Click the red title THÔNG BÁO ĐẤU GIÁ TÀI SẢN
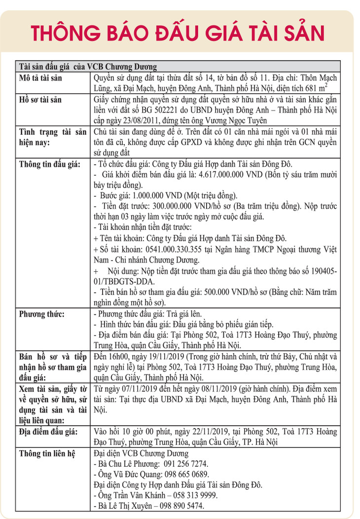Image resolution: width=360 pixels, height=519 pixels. pos(180,32)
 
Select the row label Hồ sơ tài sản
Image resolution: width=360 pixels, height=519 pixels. pos(40,99)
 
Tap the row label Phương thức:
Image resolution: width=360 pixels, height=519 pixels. pos(41,314)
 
